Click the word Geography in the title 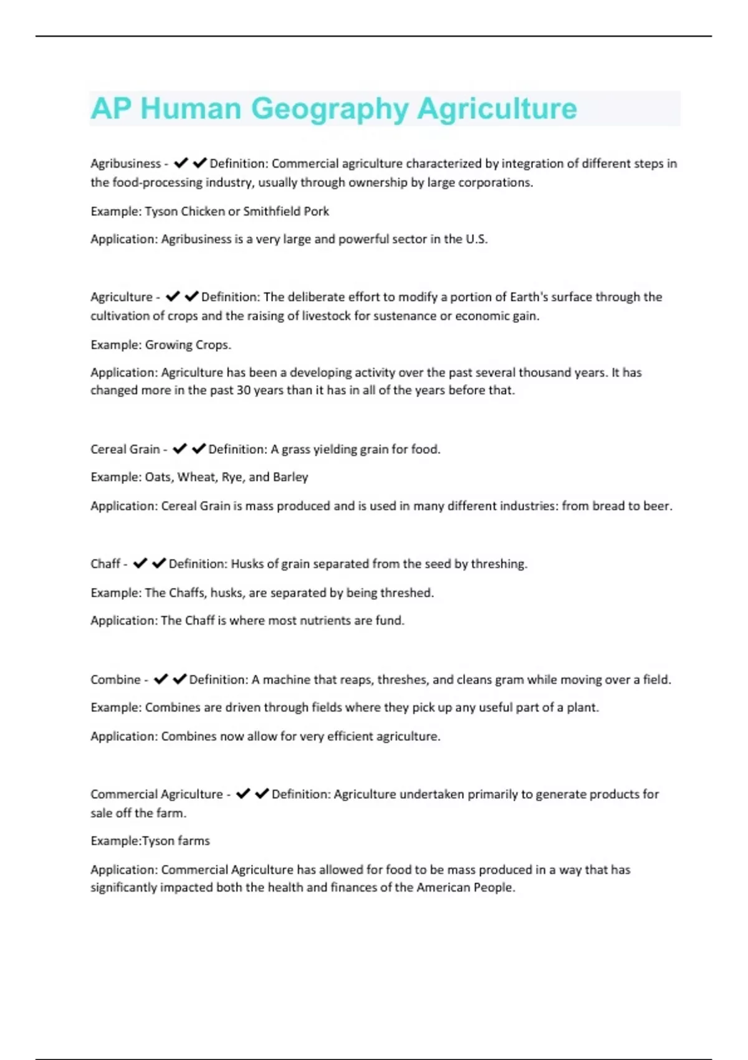330,108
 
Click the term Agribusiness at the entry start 125,163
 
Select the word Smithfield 272,211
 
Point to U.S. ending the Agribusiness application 476,239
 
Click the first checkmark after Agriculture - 173,296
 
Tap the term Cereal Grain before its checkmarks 125,449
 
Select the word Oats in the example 158,477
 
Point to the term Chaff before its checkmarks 105,564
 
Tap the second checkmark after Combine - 180,679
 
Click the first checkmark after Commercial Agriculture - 243,794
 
